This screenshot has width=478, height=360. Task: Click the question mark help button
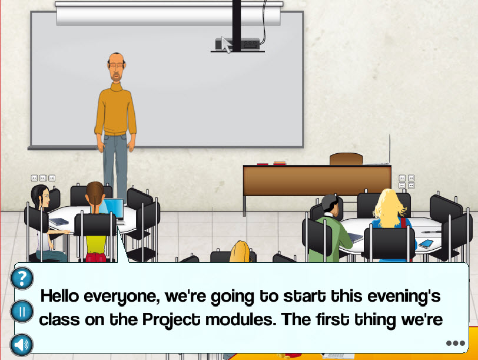coord(22,278)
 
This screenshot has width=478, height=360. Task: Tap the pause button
coord(22,312)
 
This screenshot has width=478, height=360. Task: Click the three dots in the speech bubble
coord(456,344)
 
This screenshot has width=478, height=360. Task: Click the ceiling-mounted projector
coord(238,45)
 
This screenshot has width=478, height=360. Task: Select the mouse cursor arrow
coord(226,45)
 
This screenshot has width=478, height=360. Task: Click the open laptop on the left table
coord(114,209)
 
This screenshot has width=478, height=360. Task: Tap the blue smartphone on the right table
coord(426,243)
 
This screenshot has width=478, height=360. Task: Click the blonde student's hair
coord(389,208)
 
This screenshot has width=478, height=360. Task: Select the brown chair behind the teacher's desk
coord(346,159)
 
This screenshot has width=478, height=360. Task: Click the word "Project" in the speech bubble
coord(171,320)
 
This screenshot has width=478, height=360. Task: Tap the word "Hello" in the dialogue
coord(60,296)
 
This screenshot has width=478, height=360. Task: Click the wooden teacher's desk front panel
coord(317,181)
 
